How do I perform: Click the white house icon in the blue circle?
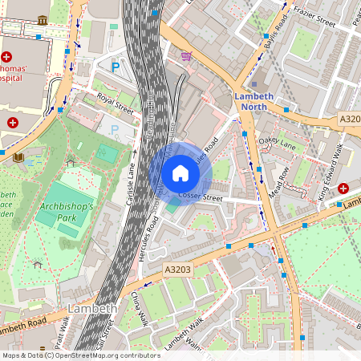180,172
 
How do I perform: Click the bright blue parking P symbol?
116,68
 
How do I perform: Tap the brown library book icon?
18,157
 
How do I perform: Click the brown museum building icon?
42,19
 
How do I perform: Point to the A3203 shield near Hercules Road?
177,270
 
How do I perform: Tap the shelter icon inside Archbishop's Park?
70,163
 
